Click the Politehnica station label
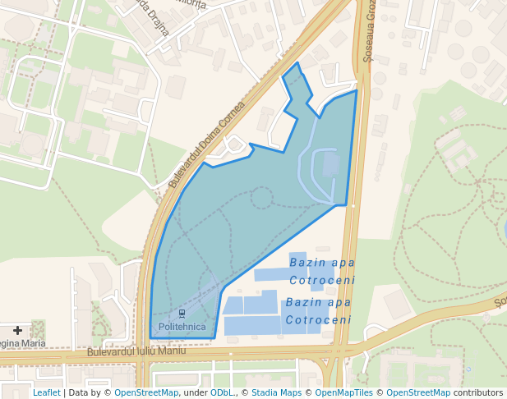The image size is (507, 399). [182, 327]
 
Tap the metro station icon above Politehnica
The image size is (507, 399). [182, 314]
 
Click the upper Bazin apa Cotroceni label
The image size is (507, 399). [322, 271]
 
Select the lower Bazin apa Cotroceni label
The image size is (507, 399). [319, 311]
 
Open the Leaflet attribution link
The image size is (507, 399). [46, 392]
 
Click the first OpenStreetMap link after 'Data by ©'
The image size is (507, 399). [146, 392]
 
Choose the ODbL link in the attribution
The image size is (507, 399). [221, 392]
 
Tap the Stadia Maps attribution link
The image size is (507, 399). [276, 392]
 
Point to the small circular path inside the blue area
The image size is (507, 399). [261, 197]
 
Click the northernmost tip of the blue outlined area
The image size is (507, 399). [297, 62]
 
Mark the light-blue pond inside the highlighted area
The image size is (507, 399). [331, 164]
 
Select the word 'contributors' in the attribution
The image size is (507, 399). [478, 392]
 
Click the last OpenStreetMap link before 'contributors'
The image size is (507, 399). [418, 392]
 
